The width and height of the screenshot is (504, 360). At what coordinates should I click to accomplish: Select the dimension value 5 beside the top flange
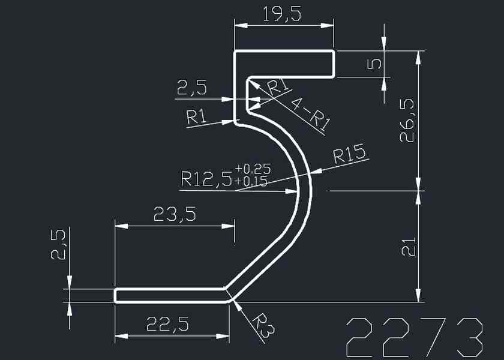pos(373,64)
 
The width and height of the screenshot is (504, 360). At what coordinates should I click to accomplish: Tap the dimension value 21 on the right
pos(407,247)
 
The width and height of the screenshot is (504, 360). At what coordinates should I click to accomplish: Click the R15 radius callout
pos(349,155)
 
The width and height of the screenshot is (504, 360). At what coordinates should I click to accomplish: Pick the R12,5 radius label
pos(206,179)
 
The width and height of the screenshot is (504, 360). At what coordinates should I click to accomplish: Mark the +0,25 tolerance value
pos(252,169)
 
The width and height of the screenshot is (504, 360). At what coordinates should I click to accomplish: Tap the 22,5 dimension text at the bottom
pos(168,325)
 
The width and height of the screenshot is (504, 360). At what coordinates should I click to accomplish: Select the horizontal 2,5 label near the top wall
pos(191,89)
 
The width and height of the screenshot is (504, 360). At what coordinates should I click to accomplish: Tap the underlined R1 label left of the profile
pos(197,117)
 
